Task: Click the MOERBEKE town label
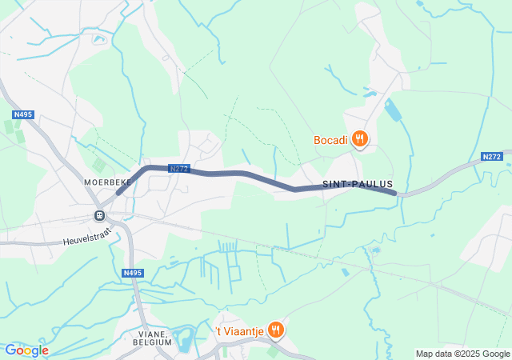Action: click(107, 182)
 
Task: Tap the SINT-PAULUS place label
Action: click(358, 184)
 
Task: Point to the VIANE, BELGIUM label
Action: click(149, 337)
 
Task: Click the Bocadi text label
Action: click(330, 140)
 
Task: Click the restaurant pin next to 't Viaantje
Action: click(275, 329)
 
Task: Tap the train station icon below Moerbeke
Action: click(99, 215)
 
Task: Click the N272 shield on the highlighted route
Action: click(178, 169)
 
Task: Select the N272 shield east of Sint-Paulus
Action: click(492, 157)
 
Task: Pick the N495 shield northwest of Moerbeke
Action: click(23, 115)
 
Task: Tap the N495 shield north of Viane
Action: click(132, 274)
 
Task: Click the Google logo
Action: click(26, 350)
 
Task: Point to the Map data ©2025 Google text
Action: click(462, 354)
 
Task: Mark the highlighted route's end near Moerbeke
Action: click(118, 192)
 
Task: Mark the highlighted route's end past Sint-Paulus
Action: click(394, 192)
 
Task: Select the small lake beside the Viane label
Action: click(183, 339)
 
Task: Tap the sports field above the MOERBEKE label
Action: click(98, 164)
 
